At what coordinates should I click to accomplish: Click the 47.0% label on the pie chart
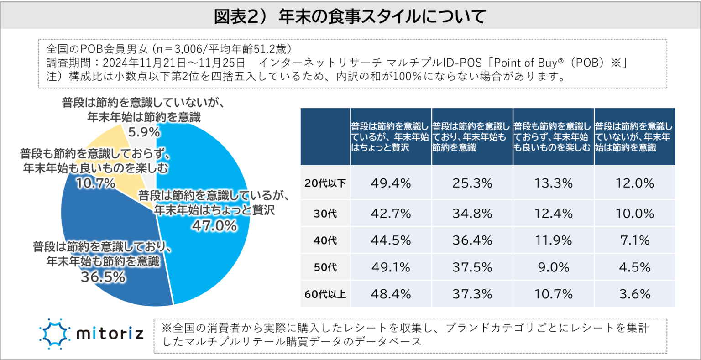coord(214,225)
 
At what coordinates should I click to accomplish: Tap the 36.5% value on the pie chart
coord(103,277)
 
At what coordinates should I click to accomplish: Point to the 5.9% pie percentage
coord(144,132)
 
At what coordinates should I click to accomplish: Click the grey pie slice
coord(139,137)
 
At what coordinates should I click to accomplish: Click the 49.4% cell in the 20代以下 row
coord(391,183)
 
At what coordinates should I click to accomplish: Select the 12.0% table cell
coord(634,183)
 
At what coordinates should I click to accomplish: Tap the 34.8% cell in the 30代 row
coord(472,213)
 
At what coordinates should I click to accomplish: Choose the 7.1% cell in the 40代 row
coord(634,240)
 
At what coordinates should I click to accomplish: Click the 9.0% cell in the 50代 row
coord(553,267)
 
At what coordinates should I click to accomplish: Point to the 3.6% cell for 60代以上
coord(634,294)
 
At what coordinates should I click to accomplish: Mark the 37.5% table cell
coord(472,267)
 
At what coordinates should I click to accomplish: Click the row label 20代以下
coord(325,183)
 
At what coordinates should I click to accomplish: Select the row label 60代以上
coord(325,294)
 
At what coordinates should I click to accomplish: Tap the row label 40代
coord(325,240)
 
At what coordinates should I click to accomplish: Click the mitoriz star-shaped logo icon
coord(54,334)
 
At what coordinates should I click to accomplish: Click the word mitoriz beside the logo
coord(110,334)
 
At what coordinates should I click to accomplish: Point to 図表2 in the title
coord(237,17)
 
